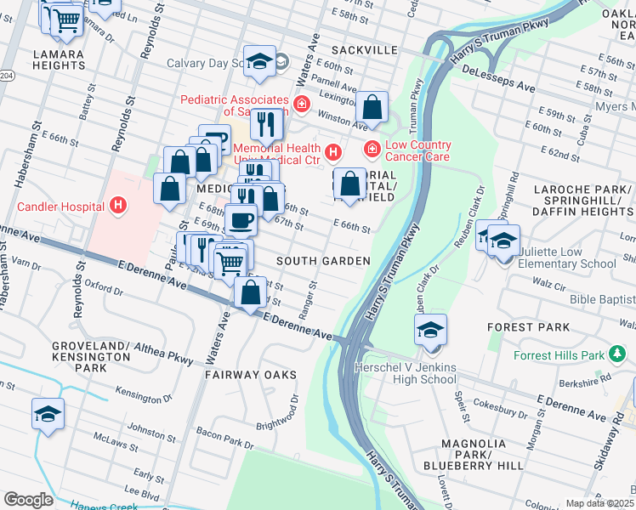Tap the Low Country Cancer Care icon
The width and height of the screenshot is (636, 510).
(x=372, y=150)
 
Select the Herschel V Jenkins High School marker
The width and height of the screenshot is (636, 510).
(x=431, y=331)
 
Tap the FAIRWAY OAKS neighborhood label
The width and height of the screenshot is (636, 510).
(x=251, y=374)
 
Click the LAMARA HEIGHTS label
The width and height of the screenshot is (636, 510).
(x=58, y=60)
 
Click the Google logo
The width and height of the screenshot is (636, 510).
(x=28, y=500)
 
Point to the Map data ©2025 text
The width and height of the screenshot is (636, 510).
(x=599, y=503)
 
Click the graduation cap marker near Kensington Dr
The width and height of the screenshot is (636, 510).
(x=48, y=414)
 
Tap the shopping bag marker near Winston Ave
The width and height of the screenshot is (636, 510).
(x=372, y=108)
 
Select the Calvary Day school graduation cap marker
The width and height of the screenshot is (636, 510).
(x=260, y=61)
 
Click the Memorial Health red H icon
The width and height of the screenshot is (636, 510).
(x=333, y=153)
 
